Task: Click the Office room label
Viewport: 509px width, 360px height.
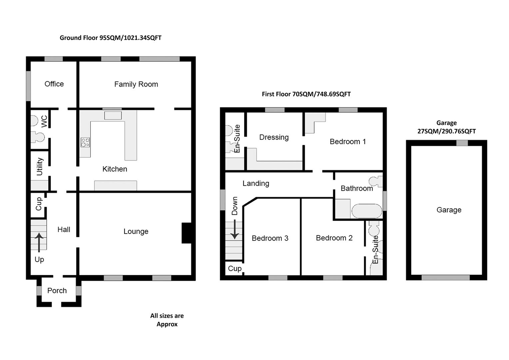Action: (x=54, y=84)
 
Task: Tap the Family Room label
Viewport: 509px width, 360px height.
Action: (x=136, y=84)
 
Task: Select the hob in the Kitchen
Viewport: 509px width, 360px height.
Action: (x=85, y=142)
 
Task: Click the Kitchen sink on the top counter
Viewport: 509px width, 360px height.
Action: (x=113, y=115)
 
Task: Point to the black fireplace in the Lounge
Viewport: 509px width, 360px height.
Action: (x=186, y=233)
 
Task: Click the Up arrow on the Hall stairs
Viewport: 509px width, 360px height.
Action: (x=39, y=242)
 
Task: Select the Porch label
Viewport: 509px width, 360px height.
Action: (x=57, y=291)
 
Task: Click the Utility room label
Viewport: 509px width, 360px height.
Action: (x=40, y=166)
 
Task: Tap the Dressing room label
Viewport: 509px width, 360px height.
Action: (x=274, y=137)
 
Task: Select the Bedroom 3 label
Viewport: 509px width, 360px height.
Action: (x=270, y=238)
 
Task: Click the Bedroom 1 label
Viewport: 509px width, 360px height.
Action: (x=347, y=142)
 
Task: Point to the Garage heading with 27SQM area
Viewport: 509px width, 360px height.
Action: (x=446, y=127)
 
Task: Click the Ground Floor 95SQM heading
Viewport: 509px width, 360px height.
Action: (x=111, y=38)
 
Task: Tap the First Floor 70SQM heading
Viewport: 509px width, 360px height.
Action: (x=306, y=94)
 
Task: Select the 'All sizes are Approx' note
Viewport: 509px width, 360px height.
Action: (x=167, y=320)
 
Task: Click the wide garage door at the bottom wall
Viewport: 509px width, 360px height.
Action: (x=445, y=277)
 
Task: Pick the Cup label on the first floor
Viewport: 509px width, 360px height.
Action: (x=235, y=269)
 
